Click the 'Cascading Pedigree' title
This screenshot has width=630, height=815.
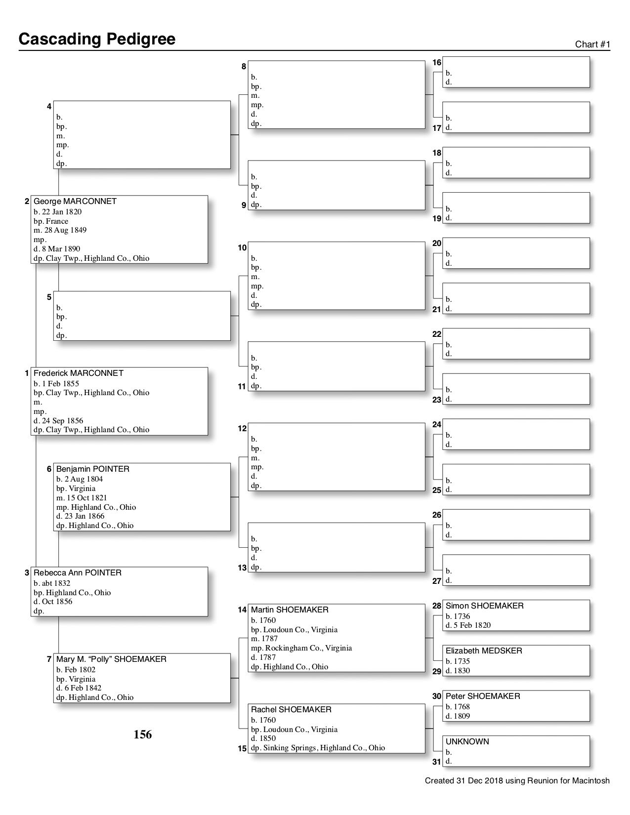pos(97,39)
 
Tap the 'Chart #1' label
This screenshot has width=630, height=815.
pos(592,44)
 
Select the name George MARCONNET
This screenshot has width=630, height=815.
pos(75,202)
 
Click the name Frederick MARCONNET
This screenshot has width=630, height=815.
pos(79,373)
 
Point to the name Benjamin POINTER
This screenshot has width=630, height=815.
pos(93,469)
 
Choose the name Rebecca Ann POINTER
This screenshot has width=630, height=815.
pos(78,573)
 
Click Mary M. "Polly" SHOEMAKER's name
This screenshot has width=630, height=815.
pos(111,659)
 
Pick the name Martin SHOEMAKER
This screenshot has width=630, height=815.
pos(290,610)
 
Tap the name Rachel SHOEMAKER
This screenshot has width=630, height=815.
pos(291,710)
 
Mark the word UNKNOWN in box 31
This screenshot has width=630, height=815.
pos(467,742)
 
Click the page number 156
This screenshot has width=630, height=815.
pos(143,735)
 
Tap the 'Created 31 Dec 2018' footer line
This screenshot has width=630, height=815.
pos(517,781)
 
